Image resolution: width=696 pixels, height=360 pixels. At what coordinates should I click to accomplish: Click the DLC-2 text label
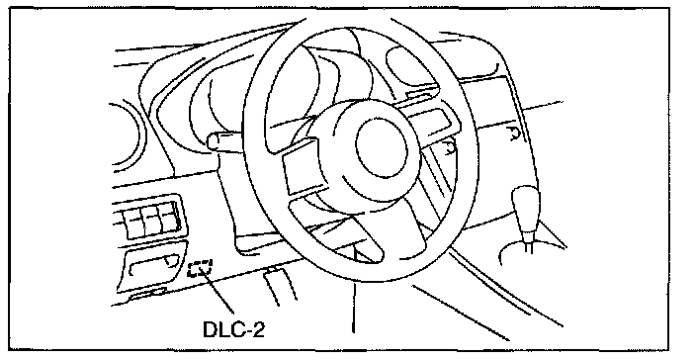(x=233, y=329)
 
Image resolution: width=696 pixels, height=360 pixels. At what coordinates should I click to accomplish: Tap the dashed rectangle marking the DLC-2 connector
(x=200, y=269)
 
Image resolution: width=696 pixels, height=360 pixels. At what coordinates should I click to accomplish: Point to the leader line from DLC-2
(x=218, y=292)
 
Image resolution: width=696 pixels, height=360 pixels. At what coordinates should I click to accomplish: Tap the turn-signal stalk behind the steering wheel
(x=225, y=141)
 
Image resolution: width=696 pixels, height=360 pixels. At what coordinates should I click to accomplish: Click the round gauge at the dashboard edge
(x=127, y=137)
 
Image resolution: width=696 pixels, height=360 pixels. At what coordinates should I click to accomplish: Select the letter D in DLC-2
(x=211, y=329)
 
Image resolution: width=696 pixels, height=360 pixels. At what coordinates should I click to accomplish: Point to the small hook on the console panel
(x=513, y=134)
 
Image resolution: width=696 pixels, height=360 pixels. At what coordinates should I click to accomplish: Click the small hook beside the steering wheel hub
(x=451, y=147)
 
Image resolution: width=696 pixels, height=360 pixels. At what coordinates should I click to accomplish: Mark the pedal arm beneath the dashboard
(x=279, y=287)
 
